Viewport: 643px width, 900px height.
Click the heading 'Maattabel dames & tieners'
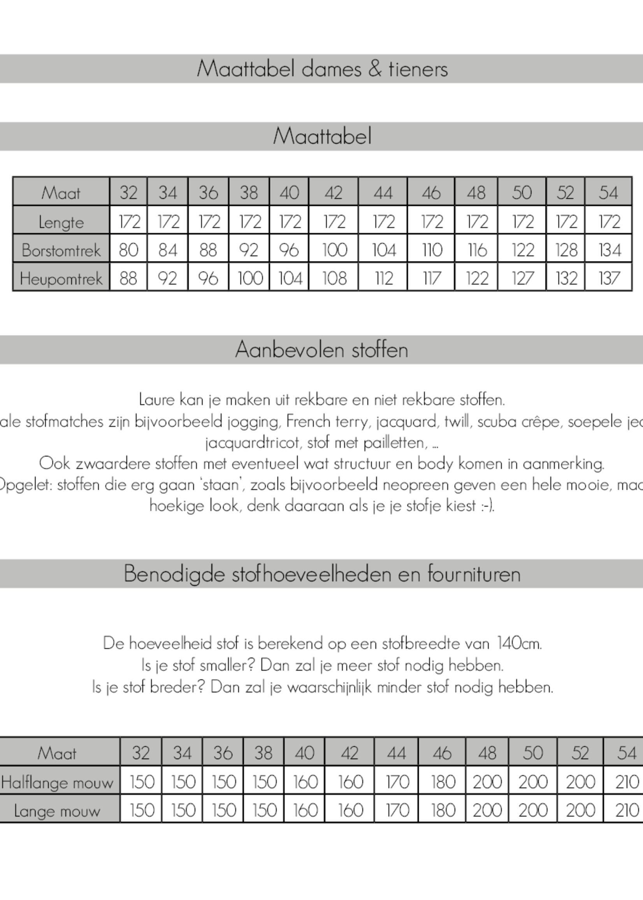pyautogui.click(x=322, y=69)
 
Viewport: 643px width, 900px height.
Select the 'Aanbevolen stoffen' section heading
pyautogui.click(x=321, y=350)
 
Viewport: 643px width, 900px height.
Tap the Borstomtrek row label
pyautogui.click(x=61, y=250)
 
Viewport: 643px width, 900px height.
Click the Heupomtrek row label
pyautogui.click(x=61, y=279)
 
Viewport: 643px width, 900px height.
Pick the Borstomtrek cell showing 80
pyautogui.click(x=128, y=250)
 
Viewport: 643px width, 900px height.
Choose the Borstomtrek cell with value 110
pyautogui.click(x=431, y=250)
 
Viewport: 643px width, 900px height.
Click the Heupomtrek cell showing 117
pyautogui.click(x=431, y=279)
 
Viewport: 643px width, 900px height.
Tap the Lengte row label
pyautogui.click(x=61, y=222)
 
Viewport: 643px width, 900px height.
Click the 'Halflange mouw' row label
pyautogui.click(x=58, y=782)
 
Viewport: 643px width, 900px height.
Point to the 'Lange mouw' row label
pyautogui.click(x=58, y=811)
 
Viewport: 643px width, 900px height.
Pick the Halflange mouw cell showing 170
pyautogui.click(x=396, y=782)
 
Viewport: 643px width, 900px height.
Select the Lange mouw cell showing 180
pyautogui.click(x=442, y=811)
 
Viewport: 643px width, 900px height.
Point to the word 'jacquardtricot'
pyautogui.click(x=252, y=442)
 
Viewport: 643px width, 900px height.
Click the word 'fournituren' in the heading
pyautogui.click(x=474, y=574)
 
